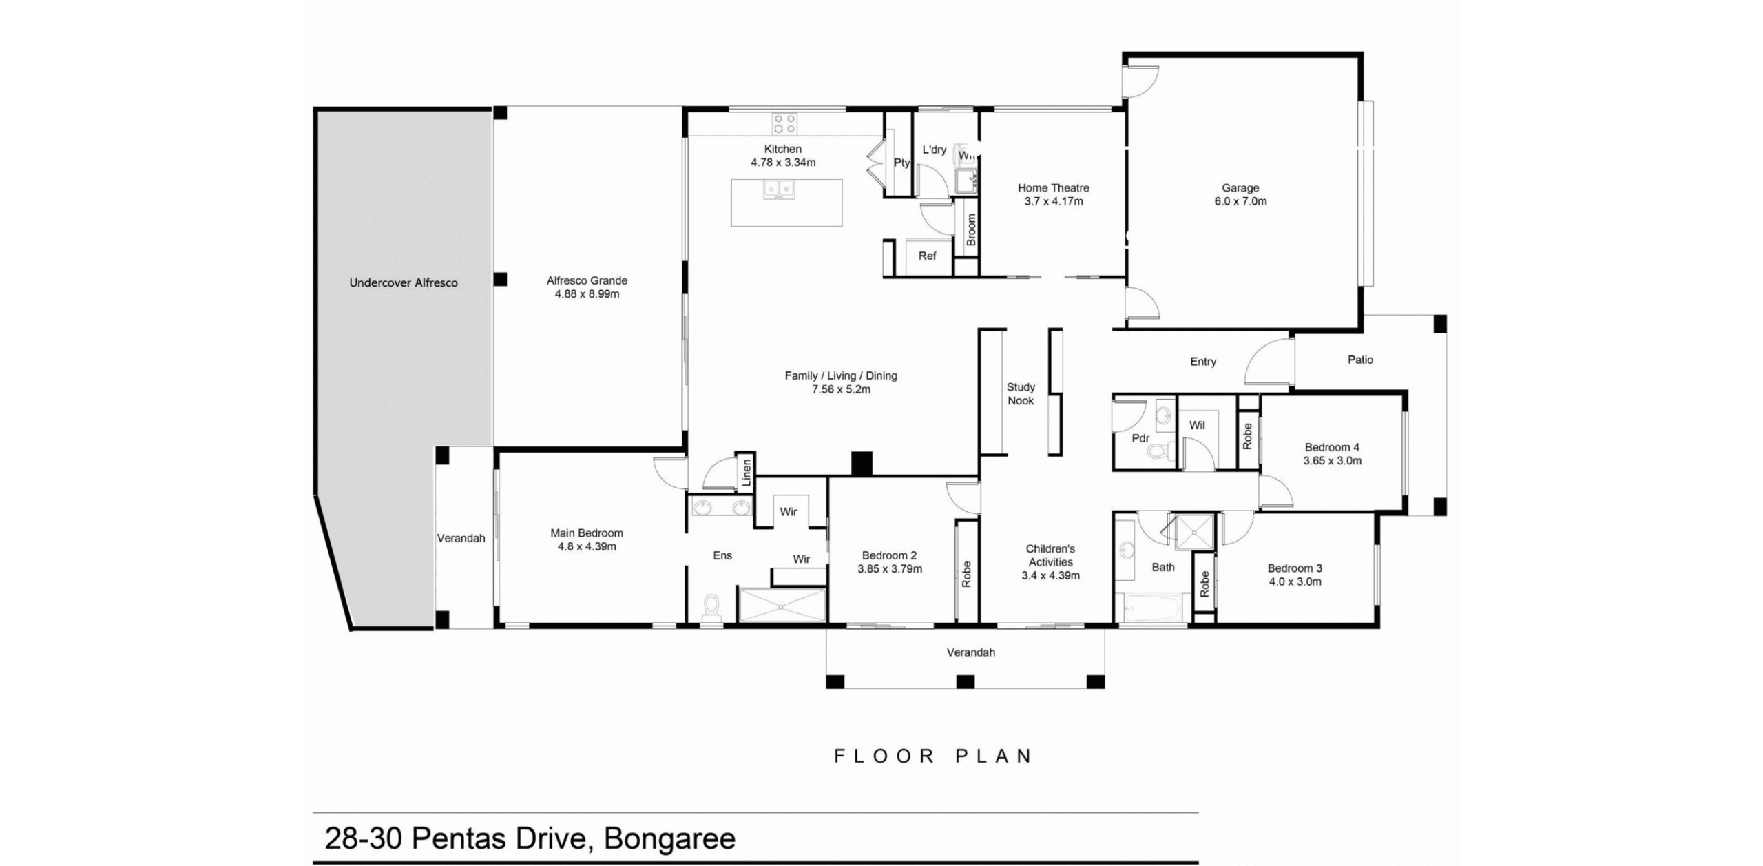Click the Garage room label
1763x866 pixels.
coord(1240,187)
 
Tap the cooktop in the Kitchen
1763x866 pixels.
coord(784,123)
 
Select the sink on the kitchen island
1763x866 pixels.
coord(779,189)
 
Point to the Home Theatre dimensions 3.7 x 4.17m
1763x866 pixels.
coord(1053,201)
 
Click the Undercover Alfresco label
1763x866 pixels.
coord(404,282)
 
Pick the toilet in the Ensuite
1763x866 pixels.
coord(711,607)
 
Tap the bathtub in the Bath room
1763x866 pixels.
coord(1151,609)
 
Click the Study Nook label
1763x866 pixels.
coord(1021,394)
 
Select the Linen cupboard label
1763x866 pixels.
coord(747,473)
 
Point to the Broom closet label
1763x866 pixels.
coord(971,229)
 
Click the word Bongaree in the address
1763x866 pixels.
coord(669,838)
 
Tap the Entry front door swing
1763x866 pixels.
coord(1268,362)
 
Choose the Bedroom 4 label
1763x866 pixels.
coord(1332,447)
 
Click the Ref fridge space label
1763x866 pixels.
coord(927,256)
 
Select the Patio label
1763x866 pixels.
coord(1360,360)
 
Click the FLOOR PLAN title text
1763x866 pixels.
coord(933,756)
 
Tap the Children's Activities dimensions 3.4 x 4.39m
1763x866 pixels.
coord(1050,575)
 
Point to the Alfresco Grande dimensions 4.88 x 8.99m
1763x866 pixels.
coord(587,294)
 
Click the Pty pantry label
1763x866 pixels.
coord(901,163)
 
